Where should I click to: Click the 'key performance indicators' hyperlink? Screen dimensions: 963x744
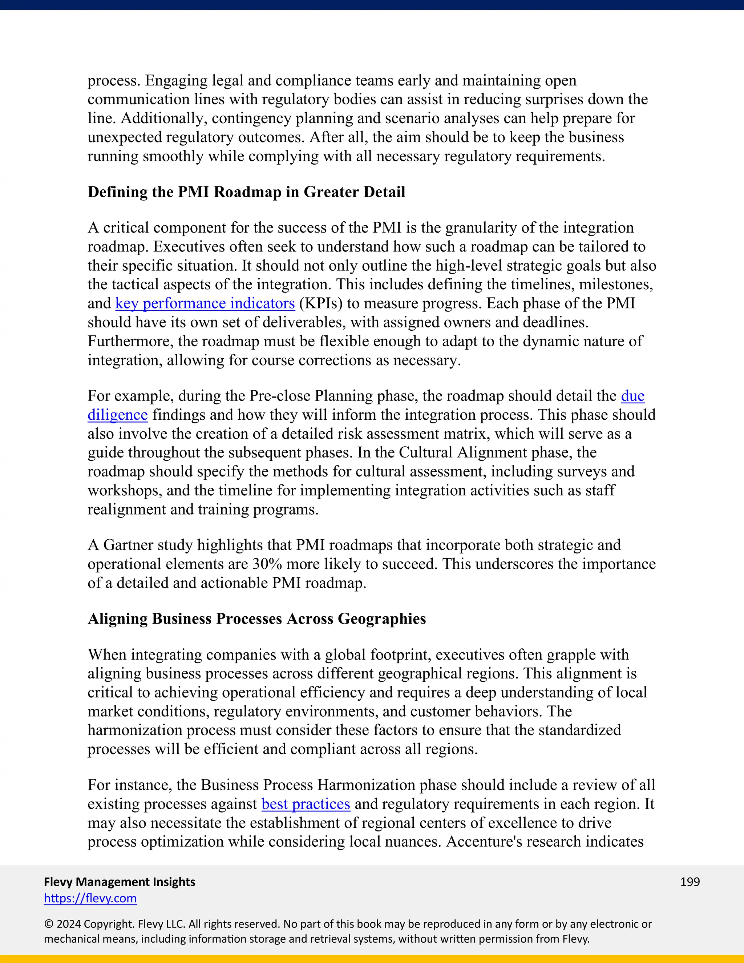pyautogui.click(x=205, y=303)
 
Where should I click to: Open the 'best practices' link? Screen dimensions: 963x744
pyautogui.click(x=306, y=804)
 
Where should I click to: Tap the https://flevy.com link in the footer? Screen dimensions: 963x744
pyautogui.click(x=90, y=898)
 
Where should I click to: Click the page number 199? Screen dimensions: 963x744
pyautogui.click(x=690, y=882)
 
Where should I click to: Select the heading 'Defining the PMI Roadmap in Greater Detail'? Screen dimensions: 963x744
pyautogui.click(x=246, y=192)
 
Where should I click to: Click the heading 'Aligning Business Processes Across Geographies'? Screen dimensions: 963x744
pyautogui.click(x=256, y=619)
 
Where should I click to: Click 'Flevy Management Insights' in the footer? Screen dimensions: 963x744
pyautogui.click(x=120, y=882)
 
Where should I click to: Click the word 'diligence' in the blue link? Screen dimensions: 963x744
pyautogui.click(x=117, y=415)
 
